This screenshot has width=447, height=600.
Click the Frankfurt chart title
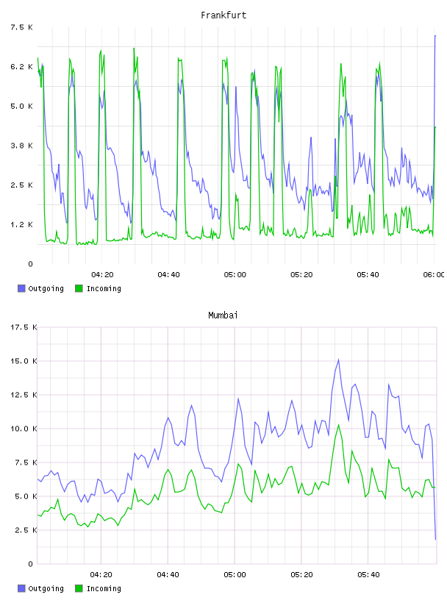point(223,15)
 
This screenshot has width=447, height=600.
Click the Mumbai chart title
point(223,315)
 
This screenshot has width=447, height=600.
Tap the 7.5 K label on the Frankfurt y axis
point(21,27)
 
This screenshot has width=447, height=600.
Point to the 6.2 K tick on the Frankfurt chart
point(21,67)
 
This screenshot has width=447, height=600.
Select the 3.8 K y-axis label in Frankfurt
point(21,146)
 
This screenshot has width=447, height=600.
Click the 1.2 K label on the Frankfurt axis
point(21,224)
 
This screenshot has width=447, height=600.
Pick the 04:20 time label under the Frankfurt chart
point(102,275)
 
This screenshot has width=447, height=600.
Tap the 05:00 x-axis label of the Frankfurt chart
point(235,275)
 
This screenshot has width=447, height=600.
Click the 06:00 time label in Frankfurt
point(434,275)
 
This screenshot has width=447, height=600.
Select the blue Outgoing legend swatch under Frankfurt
point(21,288)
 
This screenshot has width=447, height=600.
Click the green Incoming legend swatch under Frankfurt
point(79,288)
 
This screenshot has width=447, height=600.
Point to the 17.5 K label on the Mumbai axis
point(24,327)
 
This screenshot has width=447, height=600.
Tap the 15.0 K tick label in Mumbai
point(24,361)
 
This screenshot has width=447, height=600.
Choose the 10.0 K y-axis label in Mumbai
point(24,429)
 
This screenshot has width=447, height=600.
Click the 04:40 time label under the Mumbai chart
point(168,575)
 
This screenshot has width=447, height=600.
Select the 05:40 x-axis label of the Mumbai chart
point(368,575)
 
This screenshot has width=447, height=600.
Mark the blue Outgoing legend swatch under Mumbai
point(21,588)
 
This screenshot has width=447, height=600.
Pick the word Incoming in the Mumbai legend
point(104,588)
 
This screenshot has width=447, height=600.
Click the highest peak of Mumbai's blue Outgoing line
point(338,360)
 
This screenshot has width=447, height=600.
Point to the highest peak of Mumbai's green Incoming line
point(338,425)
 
